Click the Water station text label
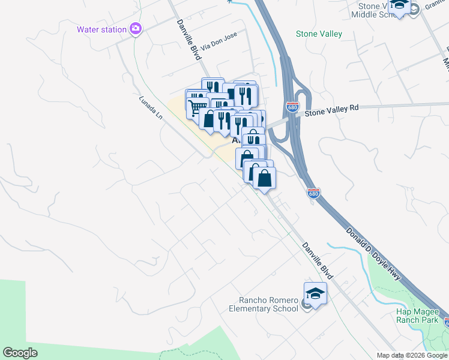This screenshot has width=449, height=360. click(x=101, y=29)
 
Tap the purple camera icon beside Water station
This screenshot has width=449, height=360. click(x=136, y=28)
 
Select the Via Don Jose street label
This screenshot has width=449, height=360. click(x=219, y=41)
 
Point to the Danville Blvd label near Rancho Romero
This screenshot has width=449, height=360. click(x=317, y=260)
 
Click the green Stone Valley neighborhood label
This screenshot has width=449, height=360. click(x=319, y=34)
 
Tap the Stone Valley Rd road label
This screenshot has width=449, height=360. click(x=331, y=108)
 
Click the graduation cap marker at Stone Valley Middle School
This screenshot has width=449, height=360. click(x=400, y=6)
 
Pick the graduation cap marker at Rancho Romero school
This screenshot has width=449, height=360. click(x=315, y=293)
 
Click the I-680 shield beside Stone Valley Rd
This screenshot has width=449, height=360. click(x=292, y=107)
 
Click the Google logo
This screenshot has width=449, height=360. click(x=20, y=353)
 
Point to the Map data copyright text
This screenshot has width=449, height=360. click(x=412, y=355)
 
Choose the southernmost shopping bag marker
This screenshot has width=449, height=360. click(x=264, y=178)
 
